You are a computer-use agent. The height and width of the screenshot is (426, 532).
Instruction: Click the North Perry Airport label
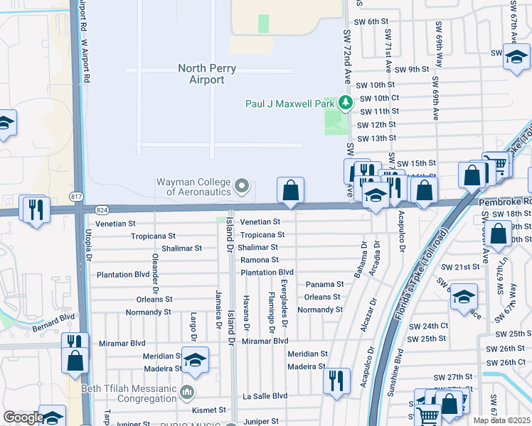tap(206, 75)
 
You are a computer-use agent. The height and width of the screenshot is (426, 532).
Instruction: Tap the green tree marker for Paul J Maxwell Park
tap(346, 104)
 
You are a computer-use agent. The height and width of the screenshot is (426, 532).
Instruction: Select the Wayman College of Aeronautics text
tap(193, 187)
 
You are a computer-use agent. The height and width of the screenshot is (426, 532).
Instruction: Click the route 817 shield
tap(77, 196)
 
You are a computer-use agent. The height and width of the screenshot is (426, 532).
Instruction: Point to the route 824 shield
tap(102, 209)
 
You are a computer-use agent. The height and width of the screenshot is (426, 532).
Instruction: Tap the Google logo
tap(23, 417)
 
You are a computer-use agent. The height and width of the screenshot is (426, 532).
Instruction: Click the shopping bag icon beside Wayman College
tap(290, 190)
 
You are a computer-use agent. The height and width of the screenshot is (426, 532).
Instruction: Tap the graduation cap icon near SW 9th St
tap(516, 58)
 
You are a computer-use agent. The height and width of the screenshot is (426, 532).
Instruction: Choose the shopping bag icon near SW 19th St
tap(500, 233)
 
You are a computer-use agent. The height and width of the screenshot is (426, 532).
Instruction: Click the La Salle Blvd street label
tap(265, 395)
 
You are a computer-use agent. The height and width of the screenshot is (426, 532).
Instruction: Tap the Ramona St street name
tap(259, 260)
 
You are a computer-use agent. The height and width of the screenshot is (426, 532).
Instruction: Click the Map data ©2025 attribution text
tap(501, 420)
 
